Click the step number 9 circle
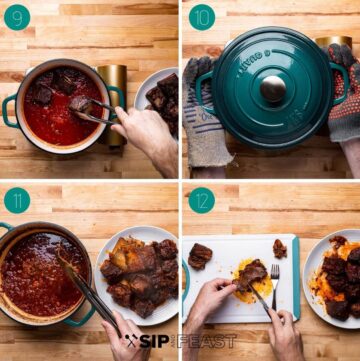[17, 17]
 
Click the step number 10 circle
[202, 17]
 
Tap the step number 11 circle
[17, 200]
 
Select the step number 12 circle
[202, 200]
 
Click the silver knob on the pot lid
[273, 89]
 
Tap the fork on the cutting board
[275, 286]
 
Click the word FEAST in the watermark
[207, 341]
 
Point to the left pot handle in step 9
[9, 111]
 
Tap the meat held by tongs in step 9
[81, 105]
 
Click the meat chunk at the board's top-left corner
[200, 256]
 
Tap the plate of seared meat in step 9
[157, 100]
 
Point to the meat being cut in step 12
[251, 276]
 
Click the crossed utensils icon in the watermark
[132, 341]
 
